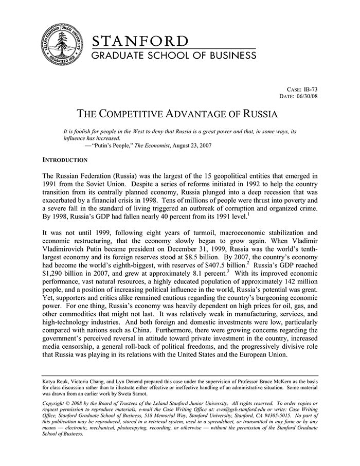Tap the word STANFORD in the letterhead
point(139,41)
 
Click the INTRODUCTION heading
point(65,160)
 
